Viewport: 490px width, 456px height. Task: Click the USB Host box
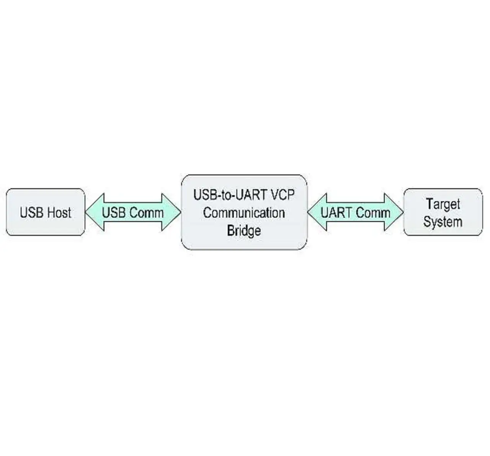pyautogui.click(x=46, y=212)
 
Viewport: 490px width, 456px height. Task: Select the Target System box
pyautogui.click(x=443, y=212)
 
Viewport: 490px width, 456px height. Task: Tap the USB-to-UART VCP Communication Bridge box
pyautogui.click(x=244, y=212)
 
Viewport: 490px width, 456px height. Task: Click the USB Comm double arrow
pyautogui.click(x=133, y=212)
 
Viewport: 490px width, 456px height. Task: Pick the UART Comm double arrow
pyautogui.click(x=356, y=212)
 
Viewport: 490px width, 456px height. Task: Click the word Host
pyautogui.click(x=59, y=212)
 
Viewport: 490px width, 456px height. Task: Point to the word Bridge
pyautogui.click(x=244, y=230)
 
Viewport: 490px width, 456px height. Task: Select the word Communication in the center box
pyautogui.click(x=244, y=213)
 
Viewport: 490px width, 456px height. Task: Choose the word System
pyautogui.click(x=443, y=222)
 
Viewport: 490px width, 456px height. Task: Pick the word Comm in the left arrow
pyautogui.click(x=147, y=212)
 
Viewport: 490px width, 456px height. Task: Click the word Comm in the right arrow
pyautogui.click(x=373, y=212)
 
